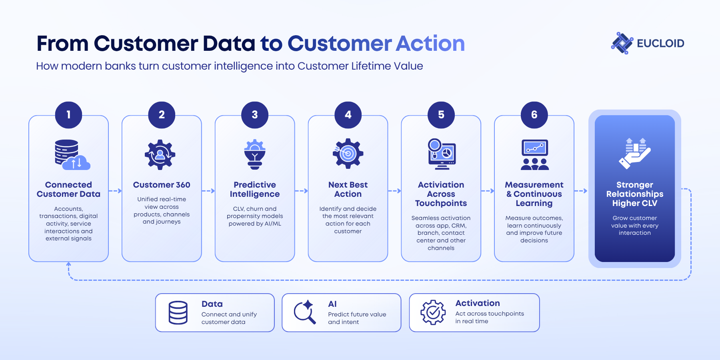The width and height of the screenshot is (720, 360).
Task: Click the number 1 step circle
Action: tap(68, 115)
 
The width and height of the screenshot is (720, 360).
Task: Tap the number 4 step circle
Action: tap(348, 115)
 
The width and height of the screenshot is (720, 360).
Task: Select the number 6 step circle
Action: tap(534, 115)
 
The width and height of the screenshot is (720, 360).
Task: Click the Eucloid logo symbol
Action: tap(622, 43)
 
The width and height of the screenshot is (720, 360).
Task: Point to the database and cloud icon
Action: tap(72, 154)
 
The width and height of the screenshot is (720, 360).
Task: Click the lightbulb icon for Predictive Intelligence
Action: tap(255, 154)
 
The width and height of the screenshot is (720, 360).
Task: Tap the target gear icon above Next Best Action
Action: tap(348, 154)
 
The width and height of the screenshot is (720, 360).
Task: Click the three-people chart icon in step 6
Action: tap(534, 155)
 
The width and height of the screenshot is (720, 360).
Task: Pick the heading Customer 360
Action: tap(162, 185)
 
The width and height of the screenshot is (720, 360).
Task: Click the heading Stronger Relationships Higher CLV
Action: tap(635, 194)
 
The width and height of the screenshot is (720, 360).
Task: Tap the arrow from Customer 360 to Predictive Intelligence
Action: tap(208, 191)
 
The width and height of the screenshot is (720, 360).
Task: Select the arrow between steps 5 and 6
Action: tap(488, 191)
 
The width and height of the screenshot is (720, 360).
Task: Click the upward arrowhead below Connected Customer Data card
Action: tap(68, 264)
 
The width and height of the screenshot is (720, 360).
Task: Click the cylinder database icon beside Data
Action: tap(178, 312)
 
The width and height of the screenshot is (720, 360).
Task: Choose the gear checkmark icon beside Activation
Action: tap(433, 312)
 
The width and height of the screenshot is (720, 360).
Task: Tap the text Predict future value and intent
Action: tap(357, 318)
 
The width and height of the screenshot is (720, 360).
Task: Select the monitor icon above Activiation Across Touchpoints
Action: tap(442, 154)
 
